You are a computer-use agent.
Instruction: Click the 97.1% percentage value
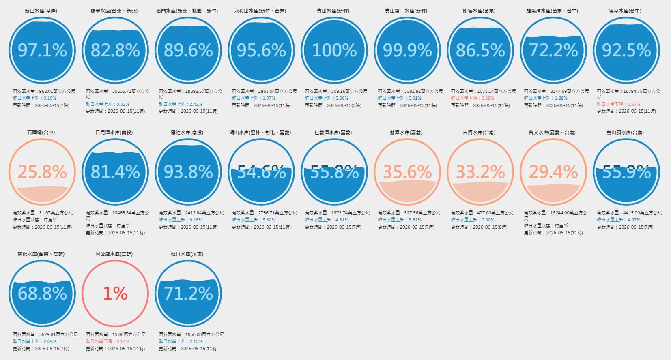(x=42, y=50)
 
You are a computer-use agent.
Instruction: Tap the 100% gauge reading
(x=334, y=50)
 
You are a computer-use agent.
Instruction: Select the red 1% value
(x=115, y=293)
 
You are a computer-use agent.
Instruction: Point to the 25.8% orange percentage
(x=42, y=172)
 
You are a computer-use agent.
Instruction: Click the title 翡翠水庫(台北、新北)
(x=114, y=11)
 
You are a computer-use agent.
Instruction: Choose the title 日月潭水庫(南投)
(x=114, y=132)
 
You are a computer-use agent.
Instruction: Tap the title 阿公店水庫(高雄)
(x=114, y=254)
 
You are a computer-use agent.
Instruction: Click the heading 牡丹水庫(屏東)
(x=187, y=254)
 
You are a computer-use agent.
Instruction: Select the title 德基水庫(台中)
(x=625, y=11)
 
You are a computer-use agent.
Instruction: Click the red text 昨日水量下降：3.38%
(x=473, y=98)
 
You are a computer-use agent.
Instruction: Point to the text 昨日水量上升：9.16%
(x=181, y=220)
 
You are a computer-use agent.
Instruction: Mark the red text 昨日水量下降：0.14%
(x=108, y=341)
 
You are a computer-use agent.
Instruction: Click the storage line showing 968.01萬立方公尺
(x=44, y=91)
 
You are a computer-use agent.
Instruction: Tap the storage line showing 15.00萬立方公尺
(x=116, y=334)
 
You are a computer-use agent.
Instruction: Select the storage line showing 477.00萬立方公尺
(x=482, y=213)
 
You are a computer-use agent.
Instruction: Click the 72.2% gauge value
(x=553, y=50)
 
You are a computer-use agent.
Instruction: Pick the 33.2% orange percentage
(x=480, y=172)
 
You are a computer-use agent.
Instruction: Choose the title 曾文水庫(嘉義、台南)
(x=552, y=132)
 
